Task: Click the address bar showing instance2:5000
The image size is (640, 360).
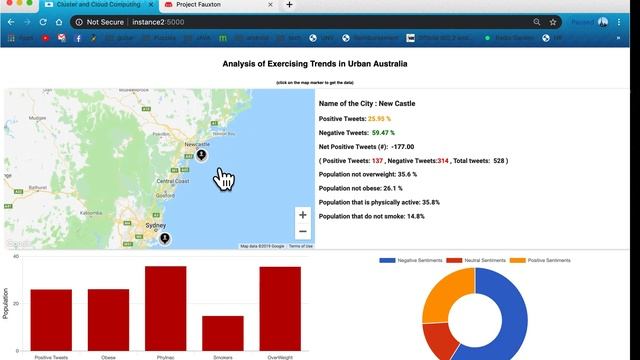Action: tap(300, 21)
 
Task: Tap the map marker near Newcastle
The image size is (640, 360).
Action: tap(201, 155)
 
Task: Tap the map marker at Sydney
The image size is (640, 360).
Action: tap(165, 238)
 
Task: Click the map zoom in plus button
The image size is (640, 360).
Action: tap(302, 214)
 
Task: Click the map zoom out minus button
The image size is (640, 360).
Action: tap(302, 231)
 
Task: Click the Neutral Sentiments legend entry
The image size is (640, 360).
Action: tap(476, 260)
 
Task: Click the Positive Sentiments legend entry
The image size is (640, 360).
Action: tap(539, 260)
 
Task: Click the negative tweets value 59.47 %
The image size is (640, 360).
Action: tap(383, 132)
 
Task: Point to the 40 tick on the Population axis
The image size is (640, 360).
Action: tap(16, 257)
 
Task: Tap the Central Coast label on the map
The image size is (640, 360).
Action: tap(173, 180)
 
